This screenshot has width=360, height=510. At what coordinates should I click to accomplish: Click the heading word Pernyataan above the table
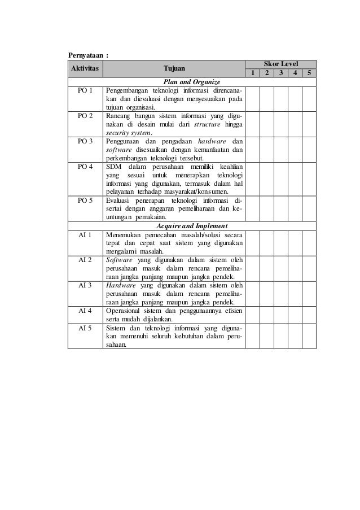pos(85,55)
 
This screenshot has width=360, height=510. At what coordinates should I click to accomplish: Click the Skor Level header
pos(281,64)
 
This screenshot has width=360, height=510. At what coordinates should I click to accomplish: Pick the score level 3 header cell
pos(280,73)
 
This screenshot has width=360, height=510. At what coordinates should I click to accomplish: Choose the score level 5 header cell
pos(309,73)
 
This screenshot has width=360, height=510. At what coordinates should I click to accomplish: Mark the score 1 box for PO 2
pos(252,123)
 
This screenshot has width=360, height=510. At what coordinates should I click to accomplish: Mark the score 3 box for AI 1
pos(280,243)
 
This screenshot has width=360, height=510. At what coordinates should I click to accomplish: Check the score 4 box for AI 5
pos(295,336)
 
